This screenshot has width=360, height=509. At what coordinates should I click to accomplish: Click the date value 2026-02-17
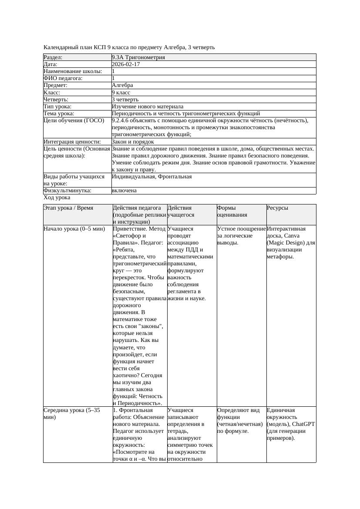[x=126, y=64]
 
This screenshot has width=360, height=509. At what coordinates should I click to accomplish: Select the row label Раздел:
[x=53, y=57]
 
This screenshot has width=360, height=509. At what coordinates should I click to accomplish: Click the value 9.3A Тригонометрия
[x=138, y=57]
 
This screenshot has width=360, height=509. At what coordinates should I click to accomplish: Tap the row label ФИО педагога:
[x=63, y=78]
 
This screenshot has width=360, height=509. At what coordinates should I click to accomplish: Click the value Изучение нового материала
[x=148, y=107]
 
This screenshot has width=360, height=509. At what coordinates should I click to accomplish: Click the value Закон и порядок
[x=133, y=142]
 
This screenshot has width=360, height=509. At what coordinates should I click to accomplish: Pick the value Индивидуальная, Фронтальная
[x=151, y=177]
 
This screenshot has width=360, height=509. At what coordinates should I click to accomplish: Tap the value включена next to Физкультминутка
[x=124, y=191]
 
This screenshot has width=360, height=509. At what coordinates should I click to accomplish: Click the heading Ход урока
[x=57, y=198]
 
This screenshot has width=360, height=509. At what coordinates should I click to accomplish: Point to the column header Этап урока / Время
[x=68, y=208]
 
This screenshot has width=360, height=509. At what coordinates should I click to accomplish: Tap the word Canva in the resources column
[x=305, y=236]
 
